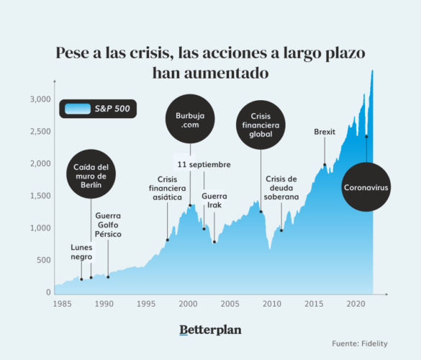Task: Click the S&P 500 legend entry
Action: point(99,109)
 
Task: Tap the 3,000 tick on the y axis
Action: point(40,99)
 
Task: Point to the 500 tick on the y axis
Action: point(43,261)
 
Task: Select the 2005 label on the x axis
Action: point(229,303)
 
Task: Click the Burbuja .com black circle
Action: point(190,121)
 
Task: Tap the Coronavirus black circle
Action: point(366,186)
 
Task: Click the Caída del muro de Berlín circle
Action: point(91,174)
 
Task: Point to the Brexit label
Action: point(325,132)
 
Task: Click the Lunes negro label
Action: point(81,252)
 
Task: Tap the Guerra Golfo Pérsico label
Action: point(108,225)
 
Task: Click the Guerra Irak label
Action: point(214,200)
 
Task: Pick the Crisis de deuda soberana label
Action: point(281,188)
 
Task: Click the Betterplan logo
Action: point(210,330)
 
